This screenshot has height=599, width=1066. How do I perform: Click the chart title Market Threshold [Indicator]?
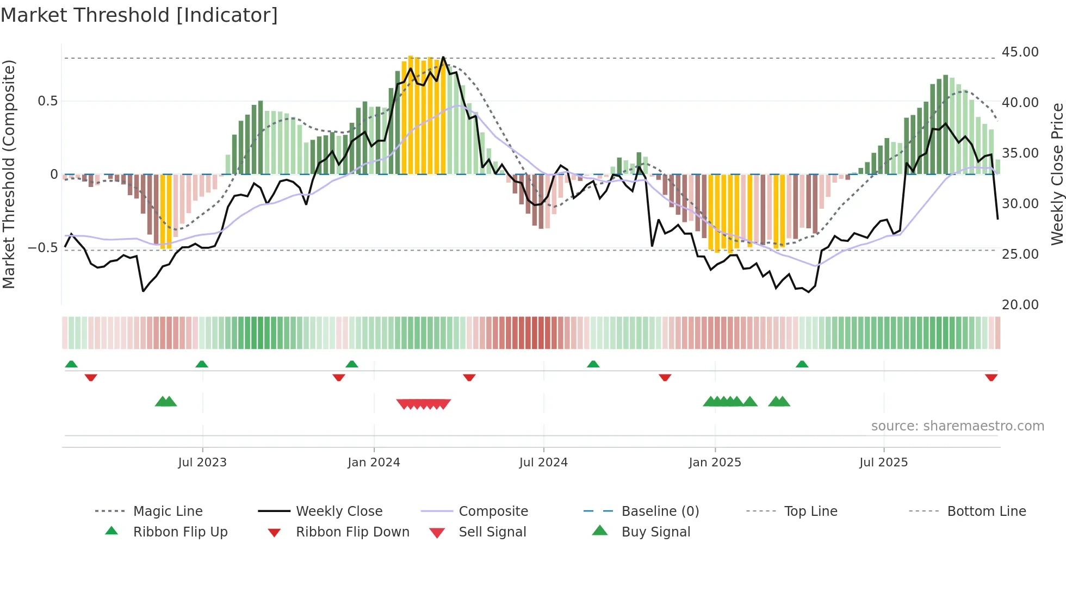point(139,15)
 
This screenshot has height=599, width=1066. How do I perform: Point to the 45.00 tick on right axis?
point(1020,52)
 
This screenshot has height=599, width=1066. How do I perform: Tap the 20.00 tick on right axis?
point(1020,305)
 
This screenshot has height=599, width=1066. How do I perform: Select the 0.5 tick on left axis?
point(47,101)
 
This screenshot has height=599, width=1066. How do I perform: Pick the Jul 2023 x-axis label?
point(202,463)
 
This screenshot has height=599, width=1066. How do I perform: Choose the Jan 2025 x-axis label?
point(715,463)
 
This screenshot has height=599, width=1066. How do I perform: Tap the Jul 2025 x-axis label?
point(883,463)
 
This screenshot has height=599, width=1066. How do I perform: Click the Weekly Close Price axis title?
point(1057,174)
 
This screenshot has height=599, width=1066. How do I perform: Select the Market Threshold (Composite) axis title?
point(9,174)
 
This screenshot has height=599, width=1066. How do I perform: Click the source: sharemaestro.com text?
point(957,426)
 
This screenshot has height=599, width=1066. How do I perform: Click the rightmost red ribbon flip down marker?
point(991,377)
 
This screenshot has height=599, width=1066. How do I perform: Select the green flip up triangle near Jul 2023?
point(202,364)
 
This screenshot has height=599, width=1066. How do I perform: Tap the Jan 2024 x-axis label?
point(374,463)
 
